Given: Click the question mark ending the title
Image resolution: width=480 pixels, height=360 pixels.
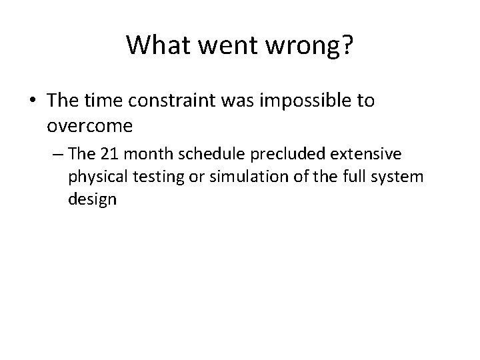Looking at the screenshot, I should [x=347, y=45].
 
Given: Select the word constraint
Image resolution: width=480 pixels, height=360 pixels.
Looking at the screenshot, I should [x=171, y=101].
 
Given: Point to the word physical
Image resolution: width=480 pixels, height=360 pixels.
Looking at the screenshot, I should [x=91, y=178].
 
